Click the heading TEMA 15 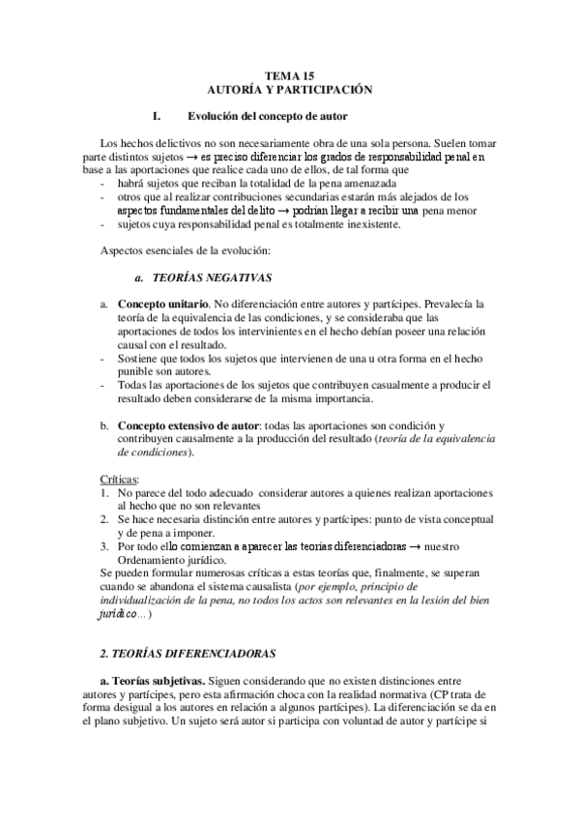point(290,74)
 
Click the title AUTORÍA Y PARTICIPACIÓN point(290,88)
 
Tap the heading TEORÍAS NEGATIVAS point(203,278)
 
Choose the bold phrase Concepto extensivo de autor point(187,425)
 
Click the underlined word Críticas point(120,479)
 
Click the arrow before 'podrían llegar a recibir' point(290,210)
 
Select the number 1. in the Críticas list point(104,492)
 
